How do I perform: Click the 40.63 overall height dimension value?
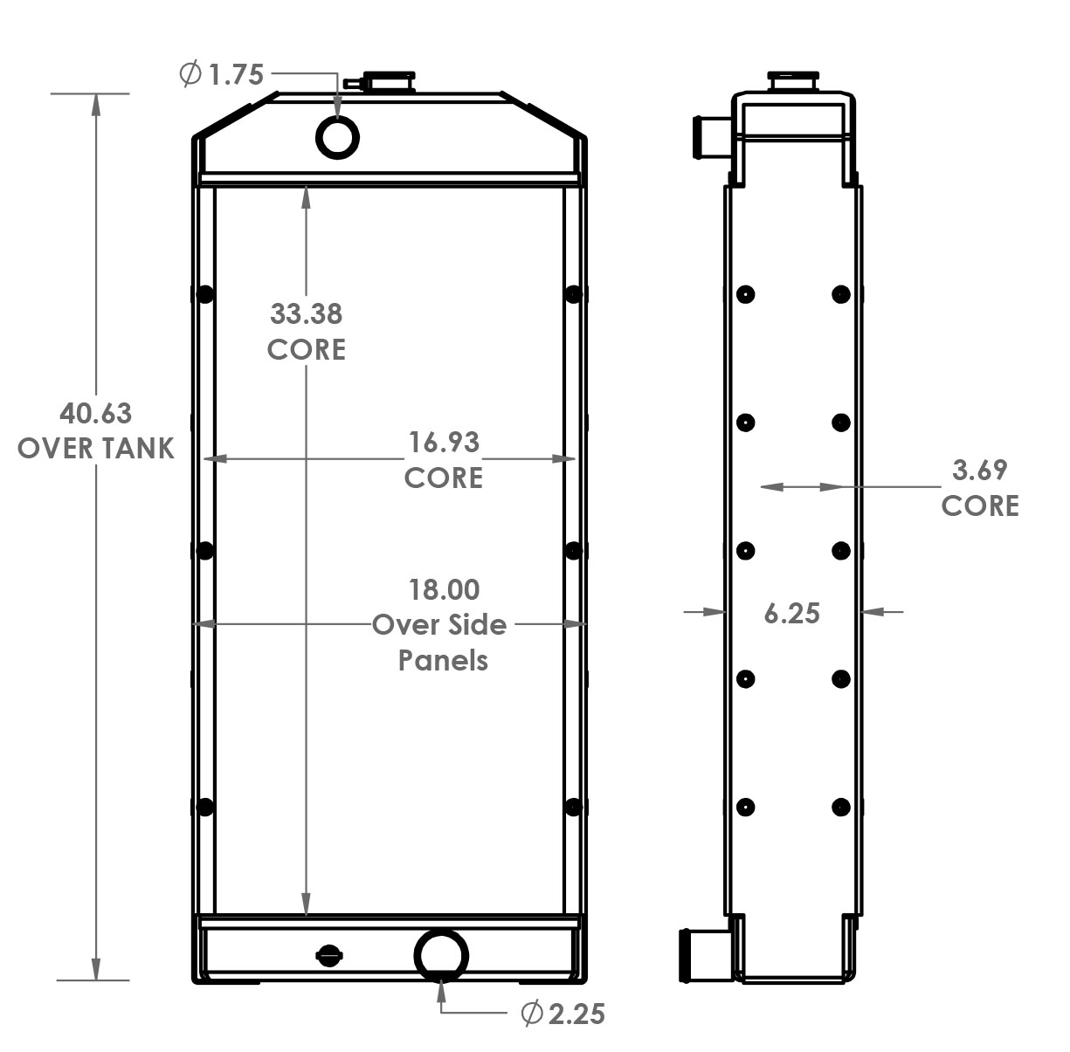pos(95,412)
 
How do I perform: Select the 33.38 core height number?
pos(306,313)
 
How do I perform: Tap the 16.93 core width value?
pos(444,443)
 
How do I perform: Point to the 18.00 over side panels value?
pos(444,589)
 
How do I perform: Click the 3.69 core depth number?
pos(979,471)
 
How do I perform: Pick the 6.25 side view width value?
pos(791,613)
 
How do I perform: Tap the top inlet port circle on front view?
pos(337,137)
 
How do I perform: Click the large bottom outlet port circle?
pos(441,955)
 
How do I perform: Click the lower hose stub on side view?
pos(703,952)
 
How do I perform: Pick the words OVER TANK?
pos(95,449)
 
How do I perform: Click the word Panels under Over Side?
pos(443,661)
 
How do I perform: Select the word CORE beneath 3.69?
pos(979,506)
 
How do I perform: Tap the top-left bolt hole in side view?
pos(745,294)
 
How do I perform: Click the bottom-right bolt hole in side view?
pos(840,808)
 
